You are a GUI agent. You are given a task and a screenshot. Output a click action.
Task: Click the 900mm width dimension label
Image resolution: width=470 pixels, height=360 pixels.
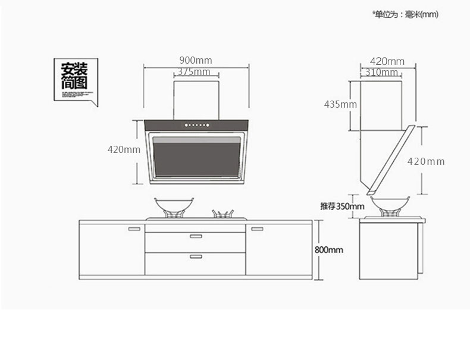click(x=195, y=60)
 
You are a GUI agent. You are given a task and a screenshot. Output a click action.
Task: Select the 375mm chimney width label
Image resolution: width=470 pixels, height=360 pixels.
click(x=193, y=71)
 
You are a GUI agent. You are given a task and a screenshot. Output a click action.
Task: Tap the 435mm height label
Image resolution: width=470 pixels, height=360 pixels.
click(x=340, y=104)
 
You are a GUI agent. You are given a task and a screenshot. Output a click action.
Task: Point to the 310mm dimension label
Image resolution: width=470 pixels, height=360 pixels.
click(x=381, y=72)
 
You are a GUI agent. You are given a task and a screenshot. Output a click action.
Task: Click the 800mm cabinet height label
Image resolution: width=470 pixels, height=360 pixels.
click(x=329, y=250)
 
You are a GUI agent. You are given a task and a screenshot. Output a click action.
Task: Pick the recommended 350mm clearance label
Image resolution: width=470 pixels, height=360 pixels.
click(x=342, y=206)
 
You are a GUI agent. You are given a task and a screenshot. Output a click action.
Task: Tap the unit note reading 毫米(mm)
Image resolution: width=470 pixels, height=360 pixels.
click(x=421, y=14)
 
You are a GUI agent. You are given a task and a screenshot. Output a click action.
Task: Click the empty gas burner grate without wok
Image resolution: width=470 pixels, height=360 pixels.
click(x=223, y=214)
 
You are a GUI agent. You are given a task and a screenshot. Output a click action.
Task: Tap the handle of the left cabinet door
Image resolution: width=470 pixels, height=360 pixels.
click(x=134, y=229)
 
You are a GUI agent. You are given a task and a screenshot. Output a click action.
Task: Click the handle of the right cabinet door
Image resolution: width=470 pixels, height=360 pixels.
click(x=257, y=229)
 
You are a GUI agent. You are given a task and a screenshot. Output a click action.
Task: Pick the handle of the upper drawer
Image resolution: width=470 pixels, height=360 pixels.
click(x=196, y=236)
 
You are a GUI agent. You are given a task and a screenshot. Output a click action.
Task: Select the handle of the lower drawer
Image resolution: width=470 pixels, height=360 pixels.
click(x=196, y=256)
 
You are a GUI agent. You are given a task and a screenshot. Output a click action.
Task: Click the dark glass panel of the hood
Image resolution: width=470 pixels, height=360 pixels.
click(x=197, y=157)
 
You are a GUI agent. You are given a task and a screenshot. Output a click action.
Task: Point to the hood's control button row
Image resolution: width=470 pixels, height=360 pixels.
click(x=197, y=125)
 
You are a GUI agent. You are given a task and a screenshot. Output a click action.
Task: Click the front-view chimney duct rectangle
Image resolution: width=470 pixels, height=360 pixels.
click(x=196, y=100)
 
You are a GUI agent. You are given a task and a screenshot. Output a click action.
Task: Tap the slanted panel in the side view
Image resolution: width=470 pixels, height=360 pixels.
click(x=391, y=161)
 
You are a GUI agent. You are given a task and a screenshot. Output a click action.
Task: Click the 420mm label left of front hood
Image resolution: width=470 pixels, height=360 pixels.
click(x=124, y=149)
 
